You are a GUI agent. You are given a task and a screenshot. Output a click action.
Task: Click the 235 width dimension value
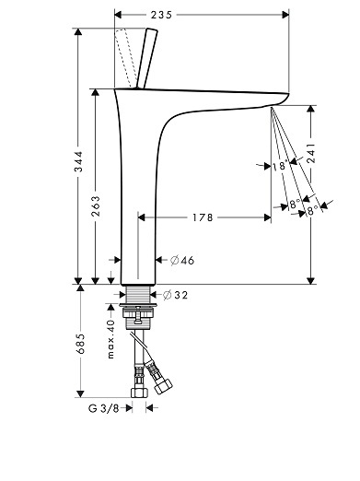pos(161,15)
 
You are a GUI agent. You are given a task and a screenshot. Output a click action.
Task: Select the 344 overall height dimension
pos(78,161)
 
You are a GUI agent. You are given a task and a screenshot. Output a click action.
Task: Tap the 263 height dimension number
pos(96,206)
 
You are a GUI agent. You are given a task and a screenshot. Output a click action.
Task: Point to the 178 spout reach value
pos(203,217)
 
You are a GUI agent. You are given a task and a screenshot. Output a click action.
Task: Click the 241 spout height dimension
pos(311,155)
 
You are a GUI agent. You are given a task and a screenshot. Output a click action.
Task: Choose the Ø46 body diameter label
pos(182,261)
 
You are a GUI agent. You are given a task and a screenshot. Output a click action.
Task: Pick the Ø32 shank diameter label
pos(175,295)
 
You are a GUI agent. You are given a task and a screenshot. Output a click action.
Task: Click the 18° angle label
pos(280,166)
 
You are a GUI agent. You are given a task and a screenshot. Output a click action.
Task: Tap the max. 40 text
pos(110,339)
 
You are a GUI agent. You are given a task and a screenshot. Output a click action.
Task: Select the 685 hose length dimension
pos(80,344)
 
